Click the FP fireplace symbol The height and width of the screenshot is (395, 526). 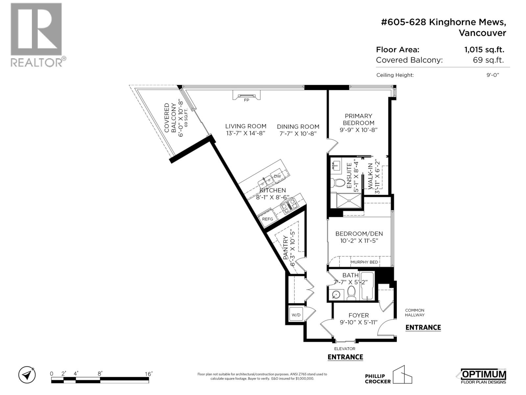coord(247,96)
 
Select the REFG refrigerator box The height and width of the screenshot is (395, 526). coord(267,219)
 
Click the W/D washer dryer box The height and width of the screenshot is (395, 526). coord(296,315)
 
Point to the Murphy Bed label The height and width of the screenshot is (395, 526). coord(365,262)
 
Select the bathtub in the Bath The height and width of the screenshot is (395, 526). coord(368,286)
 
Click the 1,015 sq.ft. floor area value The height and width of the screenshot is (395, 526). coord(484,50)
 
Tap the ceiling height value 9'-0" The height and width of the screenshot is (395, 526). coord(493,75)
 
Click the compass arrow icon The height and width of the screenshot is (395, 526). coord(27,375)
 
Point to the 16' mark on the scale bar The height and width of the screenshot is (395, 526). coord(149,374)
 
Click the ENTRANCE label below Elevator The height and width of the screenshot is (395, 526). coord(345,357)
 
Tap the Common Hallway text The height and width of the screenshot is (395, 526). coord(415,312)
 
